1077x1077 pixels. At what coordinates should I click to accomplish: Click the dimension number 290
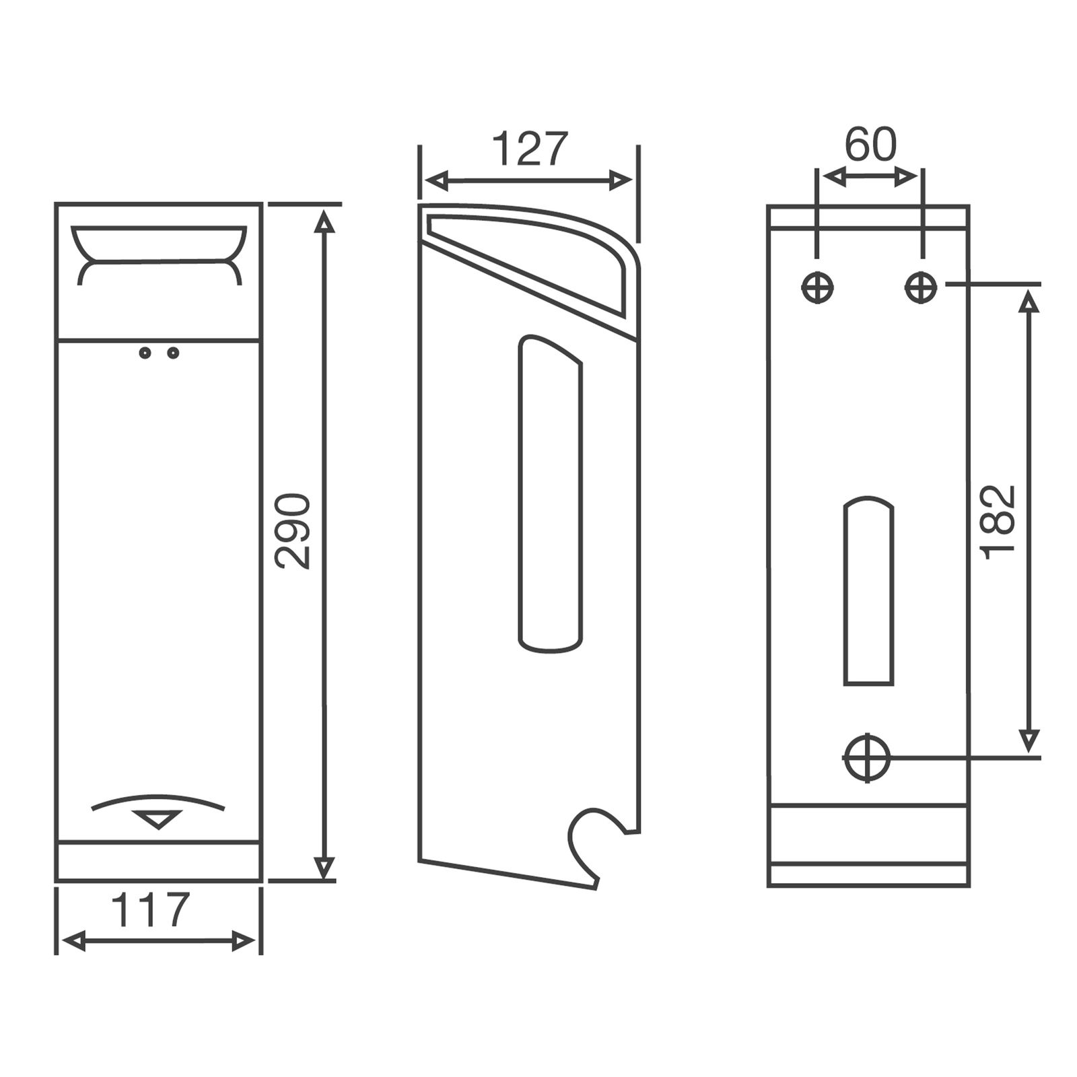(x=294, y=532)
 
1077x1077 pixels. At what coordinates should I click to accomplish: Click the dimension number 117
(x=151, y=911)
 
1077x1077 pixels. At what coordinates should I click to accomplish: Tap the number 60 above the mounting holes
(x=870, y=144)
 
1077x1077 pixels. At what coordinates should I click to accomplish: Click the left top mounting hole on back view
(x=818, y=288)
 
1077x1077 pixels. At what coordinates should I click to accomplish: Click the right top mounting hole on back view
(x=920, y=288)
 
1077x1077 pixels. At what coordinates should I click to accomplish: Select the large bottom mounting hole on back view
(x=867, y=757)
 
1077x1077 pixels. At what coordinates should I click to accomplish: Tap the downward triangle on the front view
(x=158, y=819)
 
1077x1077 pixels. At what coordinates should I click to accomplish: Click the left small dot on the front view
(x=145, y=353)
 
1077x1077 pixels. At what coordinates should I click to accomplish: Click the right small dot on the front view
(x=173, y=353)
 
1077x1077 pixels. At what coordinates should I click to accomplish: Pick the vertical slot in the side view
(x=550, y=495)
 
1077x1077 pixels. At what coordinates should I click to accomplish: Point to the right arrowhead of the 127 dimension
(x=621, y=180)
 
